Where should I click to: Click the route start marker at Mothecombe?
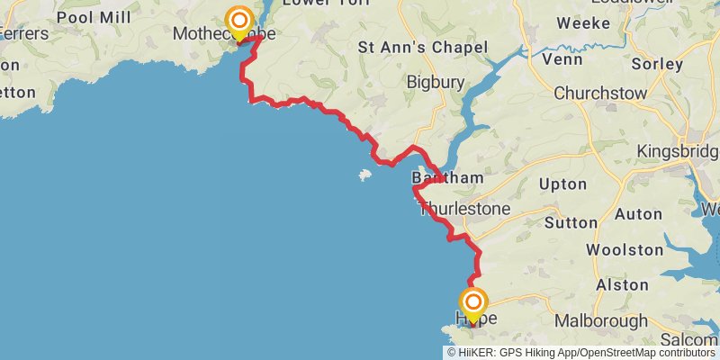pos(239,22)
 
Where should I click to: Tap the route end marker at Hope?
pos(472,303)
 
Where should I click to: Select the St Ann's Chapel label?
pos(423,47)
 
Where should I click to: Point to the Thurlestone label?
pos(464,209)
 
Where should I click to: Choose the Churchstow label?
pos(596,93)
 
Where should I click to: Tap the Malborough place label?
pos(600,320)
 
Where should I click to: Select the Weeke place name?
pos(583,23)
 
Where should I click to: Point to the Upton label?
pos(562,184)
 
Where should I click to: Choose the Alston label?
pos(622,284)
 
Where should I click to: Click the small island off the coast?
pos(365,175)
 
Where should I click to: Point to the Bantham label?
pos(447,178)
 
